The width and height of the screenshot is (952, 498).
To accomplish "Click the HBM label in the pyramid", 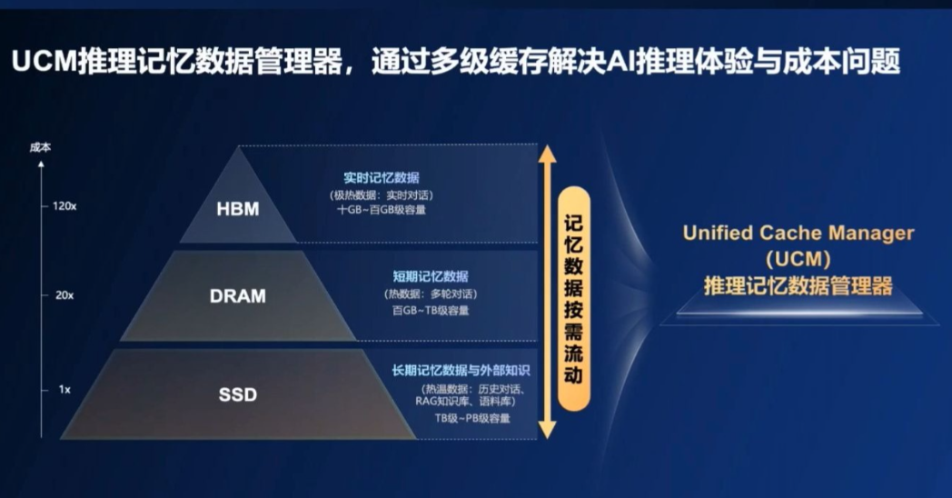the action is pyautogui.click(x=238, y=209).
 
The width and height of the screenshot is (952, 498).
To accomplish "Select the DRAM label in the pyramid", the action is pyautogui.click(x=238, y=295).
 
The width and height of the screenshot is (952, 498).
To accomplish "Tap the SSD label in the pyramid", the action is pyautogui.click(x=238, y=394).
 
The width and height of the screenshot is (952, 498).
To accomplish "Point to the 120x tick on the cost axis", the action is pyautogui.click(x=64, y=206).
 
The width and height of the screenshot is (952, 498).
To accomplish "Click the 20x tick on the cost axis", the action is pyautogui.click(x=64, y=295).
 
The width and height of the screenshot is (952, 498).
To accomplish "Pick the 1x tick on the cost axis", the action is pyautogui.click(x=64, y=389).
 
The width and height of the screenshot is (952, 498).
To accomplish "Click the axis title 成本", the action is pyautogui.click(x=40, y=147).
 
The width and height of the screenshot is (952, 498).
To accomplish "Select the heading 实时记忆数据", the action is pyautogui.click(x=382, y=177).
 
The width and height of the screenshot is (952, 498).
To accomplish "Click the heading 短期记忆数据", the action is pyautogui.click(x=431, y=276).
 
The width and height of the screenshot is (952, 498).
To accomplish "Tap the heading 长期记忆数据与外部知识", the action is pyautogui.click(x=461, y=370).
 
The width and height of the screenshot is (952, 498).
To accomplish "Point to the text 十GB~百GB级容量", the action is pyautogui.click(x=382, y=210).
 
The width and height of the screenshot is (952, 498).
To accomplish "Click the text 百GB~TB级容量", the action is pyautogui.click(x=431, y=310).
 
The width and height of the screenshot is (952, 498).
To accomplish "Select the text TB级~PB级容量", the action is pyautogui.click(x=472, y=418).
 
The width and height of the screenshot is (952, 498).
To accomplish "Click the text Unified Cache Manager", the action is pyautogui.click(x=798, y=233).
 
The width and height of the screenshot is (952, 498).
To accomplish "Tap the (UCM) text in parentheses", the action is pyautogui.click(x=798, y=259).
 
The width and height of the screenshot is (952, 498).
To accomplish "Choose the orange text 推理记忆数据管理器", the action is pyautogui.click(x=798, y=285).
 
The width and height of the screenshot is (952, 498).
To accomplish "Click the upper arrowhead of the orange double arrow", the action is pyautogui.click(x=548, y=154).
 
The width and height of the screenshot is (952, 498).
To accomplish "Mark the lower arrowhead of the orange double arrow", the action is pyautogui.click(x=548, y=429).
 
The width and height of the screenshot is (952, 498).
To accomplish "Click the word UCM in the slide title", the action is pyautogui.click(x=45, y=62).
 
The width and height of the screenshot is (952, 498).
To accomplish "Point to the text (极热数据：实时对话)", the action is pyautogui.click(x=382, y=195).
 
